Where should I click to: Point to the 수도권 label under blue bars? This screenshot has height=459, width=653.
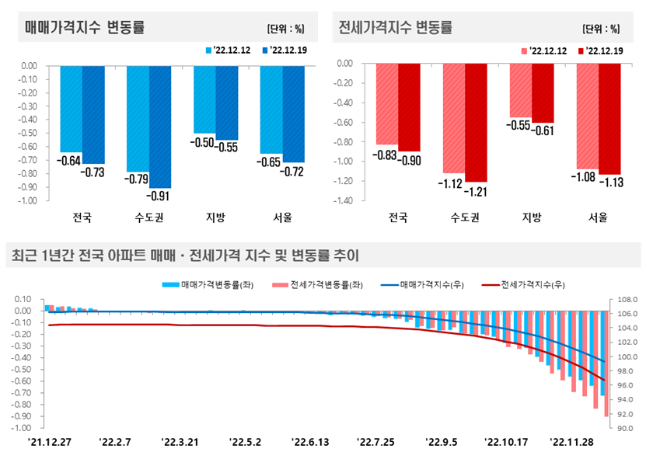148,217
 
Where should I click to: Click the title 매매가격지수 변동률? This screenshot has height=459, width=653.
85,28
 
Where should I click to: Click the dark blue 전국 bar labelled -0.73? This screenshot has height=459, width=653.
93,114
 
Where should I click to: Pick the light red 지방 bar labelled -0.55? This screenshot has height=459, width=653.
520,90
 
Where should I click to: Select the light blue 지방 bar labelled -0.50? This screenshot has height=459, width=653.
204,99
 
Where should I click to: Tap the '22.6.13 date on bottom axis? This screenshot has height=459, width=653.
310,442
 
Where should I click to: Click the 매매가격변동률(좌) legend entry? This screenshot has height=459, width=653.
204,285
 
